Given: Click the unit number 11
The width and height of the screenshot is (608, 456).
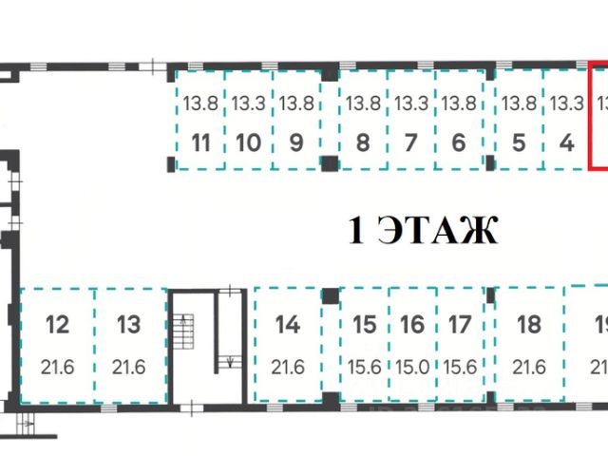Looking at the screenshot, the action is pos(200,143).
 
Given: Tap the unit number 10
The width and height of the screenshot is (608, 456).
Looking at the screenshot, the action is pos(248,143).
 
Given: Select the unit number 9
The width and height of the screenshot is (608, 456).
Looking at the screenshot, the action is pos(295,143).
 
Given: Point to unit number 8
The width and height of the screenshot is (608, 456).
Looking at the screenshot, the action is pos(362,143).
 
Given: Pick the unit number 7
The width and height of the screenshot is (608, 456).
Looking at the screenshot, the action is pos(410,143).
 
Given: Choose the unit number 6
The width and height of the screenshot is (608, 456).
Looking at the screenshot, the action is pos(458,143).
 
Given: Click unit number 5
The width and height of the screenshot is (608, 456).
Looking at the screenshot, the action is pos(519,143).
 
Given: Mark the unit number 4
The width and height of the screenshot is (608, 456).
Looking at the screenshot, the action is pos(567,143).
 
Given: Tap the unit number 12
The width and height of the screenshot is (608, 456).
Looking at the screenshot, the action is pos(57,325).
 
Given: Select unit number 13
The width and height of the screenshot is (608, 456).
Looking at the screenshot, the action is pos(128,325).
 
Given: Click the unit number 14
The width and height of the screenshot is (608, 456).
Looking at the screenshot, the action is pos(287,325).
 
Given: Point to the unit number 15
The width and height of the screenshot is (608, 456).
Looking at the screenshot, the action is pos(365,325).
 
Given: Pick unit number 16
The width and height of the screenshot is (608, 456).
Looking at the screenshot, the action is pos(412,325).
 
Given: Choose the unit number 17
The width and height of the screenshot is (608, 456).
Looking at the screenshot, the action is pos(460,325).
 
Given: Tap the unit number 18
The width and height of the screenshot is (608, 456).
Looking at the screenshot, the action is pos(528,325).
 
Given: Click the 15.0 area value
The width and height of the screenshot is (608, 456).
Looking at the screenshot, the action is pos(412,367).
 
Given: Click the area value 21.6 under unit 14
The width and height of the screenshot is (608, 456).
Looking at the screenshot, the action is pos(287,367).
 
